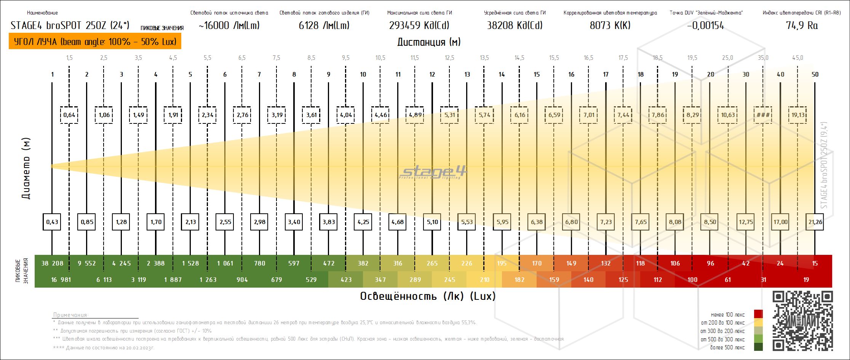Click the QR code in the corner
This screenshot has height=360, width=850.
click(x=802, y=321)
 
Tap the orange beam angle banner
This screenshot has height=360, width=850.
click(x=95, y=42)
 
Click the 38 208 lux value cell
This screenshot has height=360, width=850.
click(x=52, y=263)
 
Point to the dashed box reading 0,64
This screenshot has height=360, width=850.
click(x=69, y=115)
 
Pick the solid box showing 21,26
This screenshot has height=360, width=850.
click(x=815, y=222)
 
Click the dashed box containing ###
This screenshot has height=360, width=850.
click(x=763, y=115)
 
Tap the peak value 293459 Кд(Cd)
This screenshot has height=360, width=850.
click(x=419, y=26)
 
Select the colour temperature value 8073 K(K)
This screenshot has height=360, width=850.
click(x=610, y=26)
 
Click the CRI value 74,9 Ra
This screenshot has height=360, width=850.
click(x=801, y=26)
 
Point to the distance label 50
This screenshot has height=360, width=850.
click(x=815, y=74)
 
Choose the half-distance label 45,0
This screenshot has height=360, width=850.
click(x=797, y=58)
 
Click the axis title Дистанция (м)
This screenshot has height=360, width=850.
click(x=429, y=42)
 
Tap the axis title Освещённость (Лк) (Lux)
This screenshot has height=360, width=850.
click(x=428, y=296)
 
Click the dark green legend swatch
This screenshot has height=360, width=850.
click(x=759, y=347)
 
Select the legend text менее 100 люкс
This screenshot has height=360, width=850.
click(x=727, y=315)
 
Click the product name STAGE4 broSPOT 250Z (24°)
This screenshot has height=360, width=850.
click(x=70, y=26)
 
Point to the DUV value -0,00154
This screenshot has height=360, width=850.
click(x=705, y=26)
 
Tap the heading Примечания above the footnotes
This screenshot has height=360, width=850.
click(x=71, y=315)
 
